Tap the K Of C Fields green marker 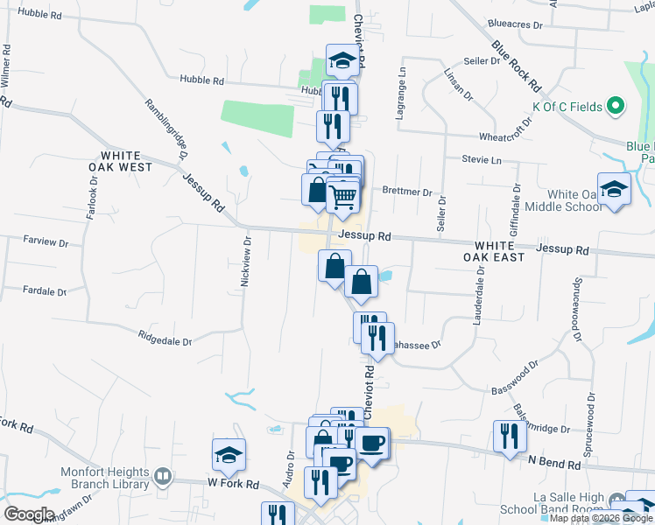(616, 107)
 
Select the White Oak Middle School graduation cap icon (615, 190)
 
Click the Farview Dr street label (46, 239)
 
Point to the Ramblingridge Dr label (166, 128)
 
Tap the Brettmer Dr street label (407, 192)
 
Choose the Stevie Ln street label (482, 160)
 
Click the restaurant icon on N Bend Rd (507, 435)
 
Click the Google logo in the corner (29, 514)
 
